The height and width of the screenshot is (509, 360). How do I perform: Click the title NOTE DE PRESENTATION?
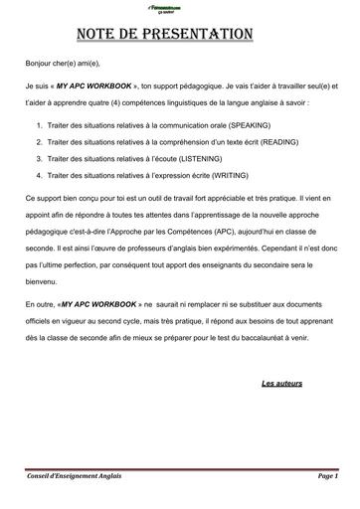[x=179, y=34]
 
